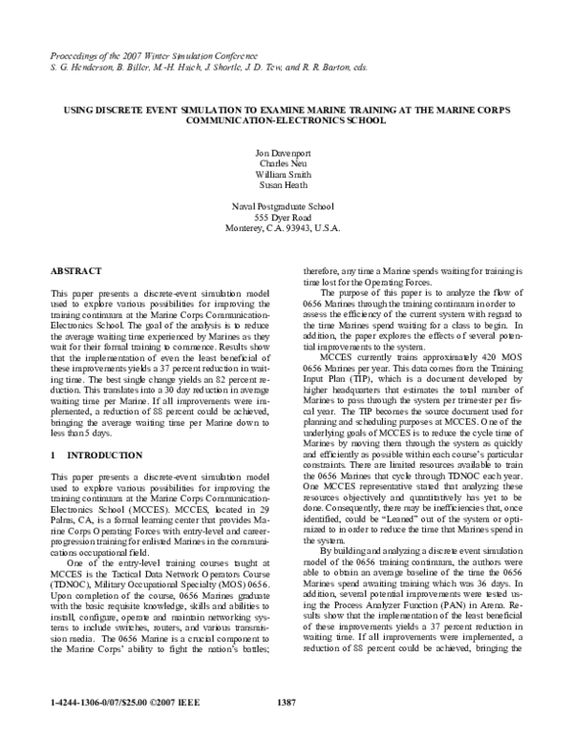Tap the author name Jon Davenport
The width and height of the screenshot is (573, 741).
click(x=286, y=152)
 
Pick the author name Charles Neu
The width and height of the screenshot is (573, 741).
click(x=286, y=163)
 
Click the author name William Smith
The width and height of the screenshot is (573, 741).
click(x=286, y=175)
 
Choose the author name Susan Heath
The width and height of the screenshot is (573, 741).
click(x=286, y=186)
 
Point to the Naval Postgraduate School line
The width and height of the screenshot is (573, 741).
click(x=286, y=207)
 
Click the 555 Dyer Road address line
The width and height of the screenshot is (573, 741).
click(x=286, y=219)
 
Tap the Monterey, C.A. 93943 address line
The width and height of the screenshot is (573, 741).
click(x=286, y=230)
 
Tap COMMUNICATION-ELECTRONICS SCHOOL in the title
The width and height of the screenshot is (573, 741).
click(x=286, y=121)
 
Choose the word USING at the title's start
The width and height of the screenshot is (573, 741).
click(x=78, y=110)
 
